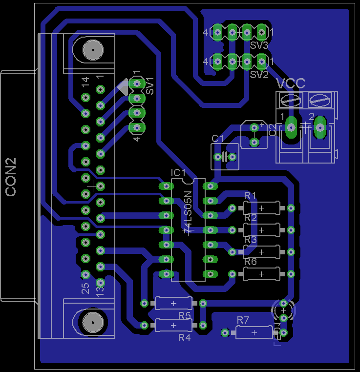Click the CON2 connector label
pos(11,177)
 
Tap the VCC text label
pos(291,83)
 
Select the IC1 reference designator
pos(178,173)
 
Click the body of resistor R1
pos(261,208)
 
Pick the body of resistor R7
pos(254,332)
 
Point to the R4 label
pos(184,337)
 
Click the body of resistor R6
pos(261,274)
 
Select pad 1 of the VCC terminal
pos(291,127)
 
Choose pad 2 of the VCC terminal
pos(320,127)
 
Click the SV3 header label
pos(259,45)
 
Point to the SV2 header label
pos(259,75)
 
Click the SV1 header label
pos(150,86)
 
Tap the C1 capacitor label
pos(217,139)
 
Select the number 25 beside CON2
pos(85,288)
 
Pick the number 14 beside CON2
pos(85,82)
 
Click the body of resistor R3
pos(261,252)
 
